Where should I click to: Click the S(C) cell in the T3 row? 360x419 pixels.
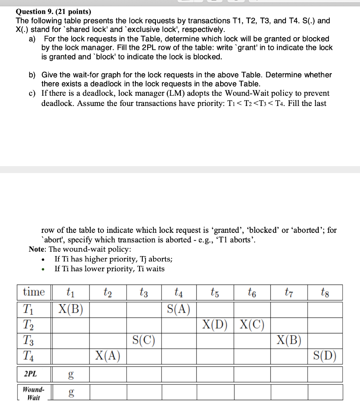point(144,340)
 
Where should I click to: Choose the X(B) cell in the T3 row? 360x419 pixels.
point(289,340)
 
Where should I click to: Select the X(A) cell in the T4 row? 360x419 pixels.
point(108,356)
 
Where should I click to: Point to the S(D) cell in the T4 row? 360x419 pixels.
point(325,356)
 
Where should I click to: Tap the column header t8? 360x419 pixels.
point(325,292)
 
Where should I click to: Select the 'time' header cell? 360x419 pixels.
point(34,292)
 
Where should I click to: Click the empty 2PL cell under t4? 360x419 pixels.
point(179,374)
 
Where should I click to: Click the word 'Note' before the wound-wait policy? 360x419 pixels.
point(38,249)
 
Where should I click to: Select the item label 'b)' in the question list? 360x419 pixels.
point(32,75)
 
